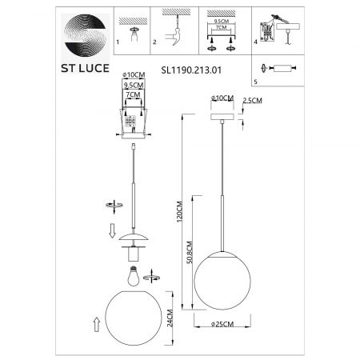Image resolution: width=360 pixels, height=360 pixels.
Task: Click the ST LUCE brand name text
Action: coord(85,68)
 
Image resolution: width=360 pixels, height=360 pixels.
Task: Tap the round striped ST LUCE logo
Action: coord(86,35)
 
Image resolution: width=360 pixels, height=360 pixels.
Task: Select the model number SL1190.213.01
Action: coord(191,70)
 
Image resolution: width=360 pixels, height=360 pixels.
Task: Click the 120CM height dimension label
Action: coord(179,212)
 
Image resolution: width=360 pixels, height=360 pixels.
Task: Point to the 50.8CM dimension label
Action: coord(190,252)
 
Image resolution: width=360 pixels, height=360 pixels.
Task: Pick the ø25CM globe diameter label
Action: coord(222,324)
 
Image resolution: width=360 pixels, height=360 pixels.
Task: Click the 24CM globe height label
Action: coord(170,318)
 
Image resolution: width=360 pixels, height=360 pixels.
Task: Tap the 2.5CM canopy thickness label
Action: coord(252,101)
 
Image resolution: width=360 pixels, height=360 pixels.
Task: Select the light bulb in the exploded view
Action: coord(134,276)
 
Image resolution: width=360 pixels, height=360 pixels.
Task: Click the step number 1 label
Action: coord(118,42)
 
